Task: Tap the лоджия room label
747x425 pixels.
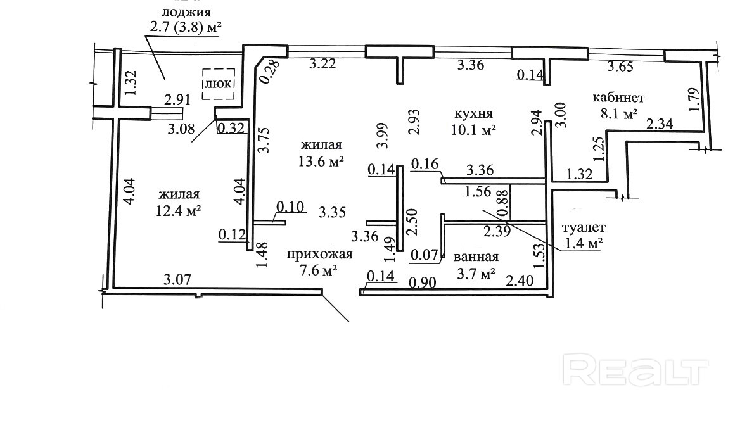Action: tap(186, 12)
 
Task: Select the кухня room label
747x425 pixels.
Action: tap(473, 114)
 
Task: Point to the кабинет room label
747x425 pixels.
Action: tap(618, 98)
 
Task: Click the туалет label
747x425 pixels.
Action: tap(584, 228)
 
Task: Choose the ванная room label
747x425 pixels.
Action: tap(476, 257)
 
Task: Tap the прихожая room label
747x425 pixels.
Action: tap(320, 255)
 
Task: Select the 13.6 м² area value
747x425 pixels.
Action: tap(321, 162)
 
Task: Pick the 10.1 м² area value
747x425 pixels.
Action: tap(474, 130)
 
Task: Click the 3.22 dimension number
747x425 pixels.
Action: tap(322, 63)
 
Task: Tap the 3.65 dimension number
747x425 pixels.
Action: tap(620, 67)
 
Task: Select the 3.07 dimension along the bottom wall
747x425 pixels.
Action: tap(177, 279)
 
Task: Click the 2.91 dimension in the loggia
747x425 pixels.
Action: tap(177, 100)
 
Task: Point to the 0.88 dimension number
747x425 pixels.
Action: tap(502, 203)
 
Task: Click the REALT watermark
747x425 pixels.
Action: tap(635, 370)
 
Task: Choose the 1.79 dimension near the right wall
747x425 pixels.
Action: tap(694, 99)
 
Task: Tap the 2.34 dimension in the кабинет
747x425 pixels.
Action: tap(660, 124)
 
